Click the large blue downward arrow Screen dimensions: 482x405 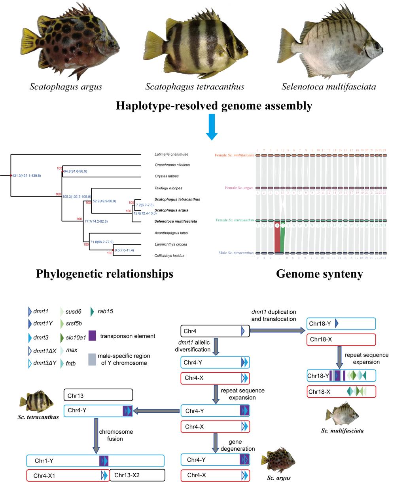212,126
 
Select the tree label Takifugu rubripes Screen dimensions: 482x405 168,188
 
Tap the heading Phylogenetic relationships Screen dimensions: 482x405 104,274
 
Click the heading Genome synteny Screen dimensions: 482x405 320,274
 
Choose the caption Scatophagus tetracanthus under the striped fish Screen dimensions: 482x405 194,86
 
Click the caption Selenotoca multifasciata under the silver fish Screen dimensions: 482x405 328,86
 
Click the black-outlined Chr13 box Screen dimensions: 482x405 98,395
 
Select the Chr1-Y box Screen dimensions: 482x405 95,461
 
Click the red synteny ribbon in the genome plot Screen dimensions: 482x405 277,236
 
